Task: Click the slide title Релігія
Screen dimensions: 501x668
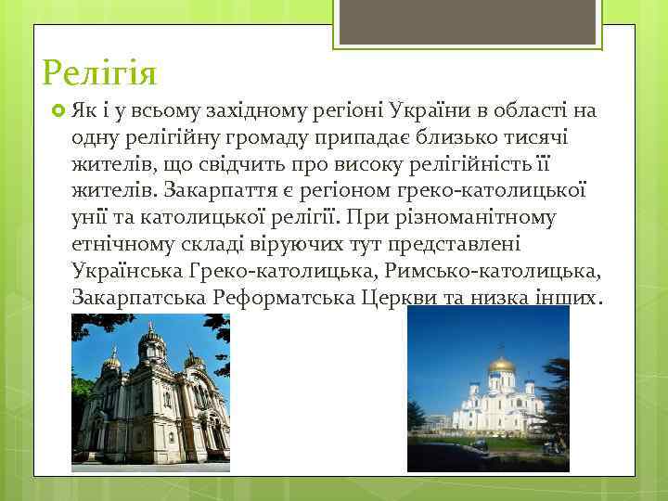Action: coord(99,71)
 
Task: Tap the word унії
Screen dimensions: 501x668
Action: coord(91,219)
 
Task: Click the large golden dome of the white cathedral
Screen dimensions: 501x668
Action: coord(502,365)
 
